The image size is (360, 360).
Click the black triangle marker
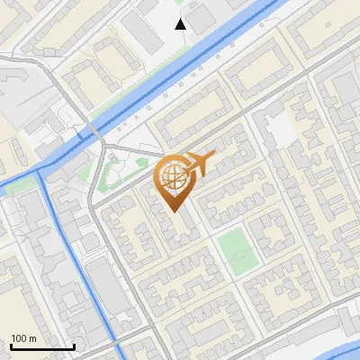point(181,24)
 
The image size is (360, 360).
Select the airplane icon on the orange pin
point(197,164)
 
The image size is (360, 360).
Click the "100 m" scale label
point(23,338)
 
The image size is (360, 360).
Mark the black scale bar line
point(42,346)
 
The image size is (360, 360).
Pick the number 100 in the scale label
point(19,338)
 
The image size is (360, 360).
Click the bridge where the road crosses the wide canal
point(93,132)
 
